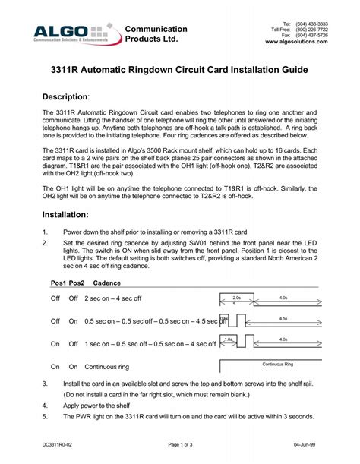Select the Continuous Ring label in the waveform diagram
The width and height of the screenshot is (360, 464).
pyautogui.click(x=278, y=364)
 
